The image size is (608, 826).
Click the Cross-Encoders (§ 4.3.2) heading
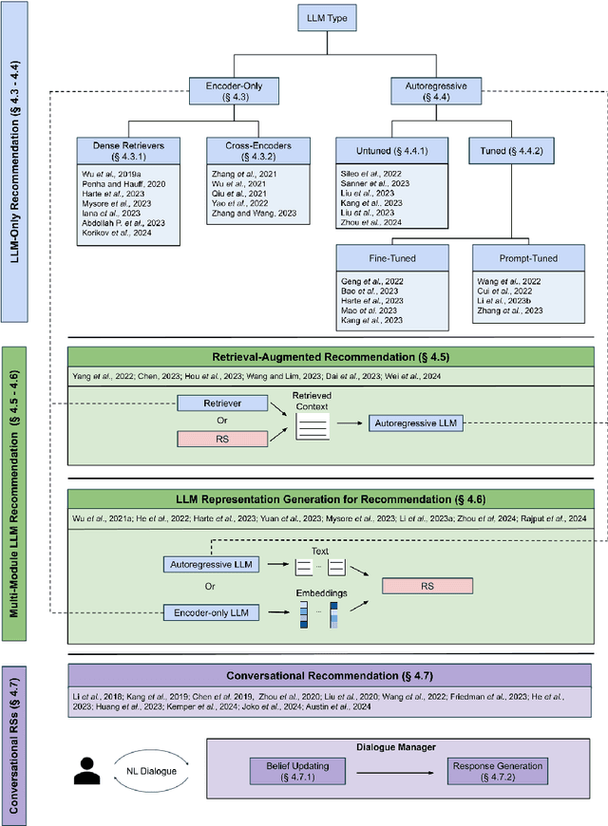(249, 150)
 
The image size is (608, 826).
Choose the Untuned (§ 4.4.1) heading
(380, 150)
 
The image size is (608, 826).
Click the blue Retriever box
(221, 404)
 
